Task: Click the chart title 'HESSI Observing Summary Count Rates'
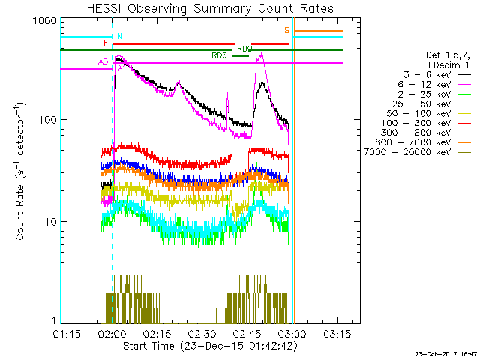210,8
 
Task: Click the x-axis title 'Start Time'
210,346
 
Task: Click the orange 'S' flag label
286,30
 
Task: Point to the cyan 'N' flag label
119,36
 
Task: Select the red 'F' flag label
106,43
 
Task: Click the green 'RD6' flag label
219,55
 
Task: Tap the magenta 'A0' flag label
103,61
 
